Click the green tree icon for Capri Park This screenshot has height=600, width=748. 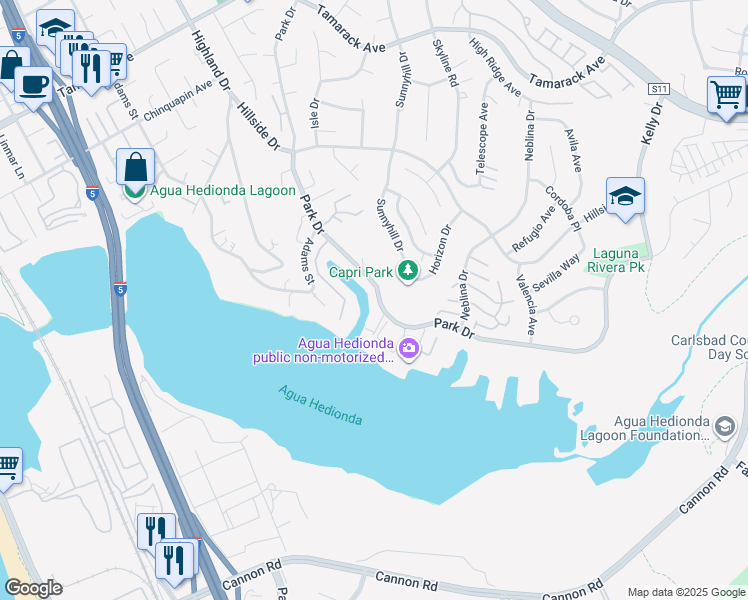[408, 270]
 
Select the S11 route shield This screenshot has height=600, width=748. [658, 90]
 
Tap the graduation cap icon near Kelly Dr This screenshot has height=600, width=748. [625, 196]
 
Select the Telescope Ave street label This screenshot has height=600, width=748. [483, 139]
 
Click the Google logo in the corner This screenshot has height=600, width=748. [33, 588]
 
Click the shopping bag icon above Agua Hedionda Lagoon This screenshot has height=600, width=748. [135, 167]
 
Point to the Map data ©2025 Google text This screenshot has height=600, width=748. [685, 592]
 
